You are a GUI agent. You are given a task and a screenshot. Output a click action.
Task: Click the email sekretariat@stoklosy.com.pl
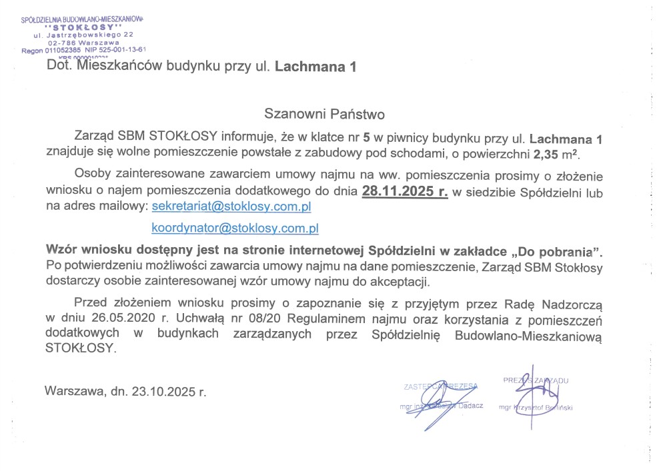coord(231,207)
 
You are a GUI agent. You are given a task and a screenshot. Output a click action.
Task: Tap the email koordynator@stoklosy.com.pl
coord(235,228)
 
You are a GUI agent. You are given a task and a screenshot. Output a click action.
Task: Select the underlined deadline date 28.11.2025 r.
coord(405,192)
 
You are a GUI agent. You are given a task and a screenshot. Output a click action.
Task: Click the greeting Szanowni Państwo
coord(325,113)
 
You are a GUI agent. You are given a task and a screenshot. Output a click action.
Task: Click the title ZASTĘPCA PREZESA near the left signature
coord(442,386)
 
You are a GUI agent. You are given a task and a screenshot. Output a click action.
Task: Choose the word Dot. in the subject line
coord(59,66)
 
